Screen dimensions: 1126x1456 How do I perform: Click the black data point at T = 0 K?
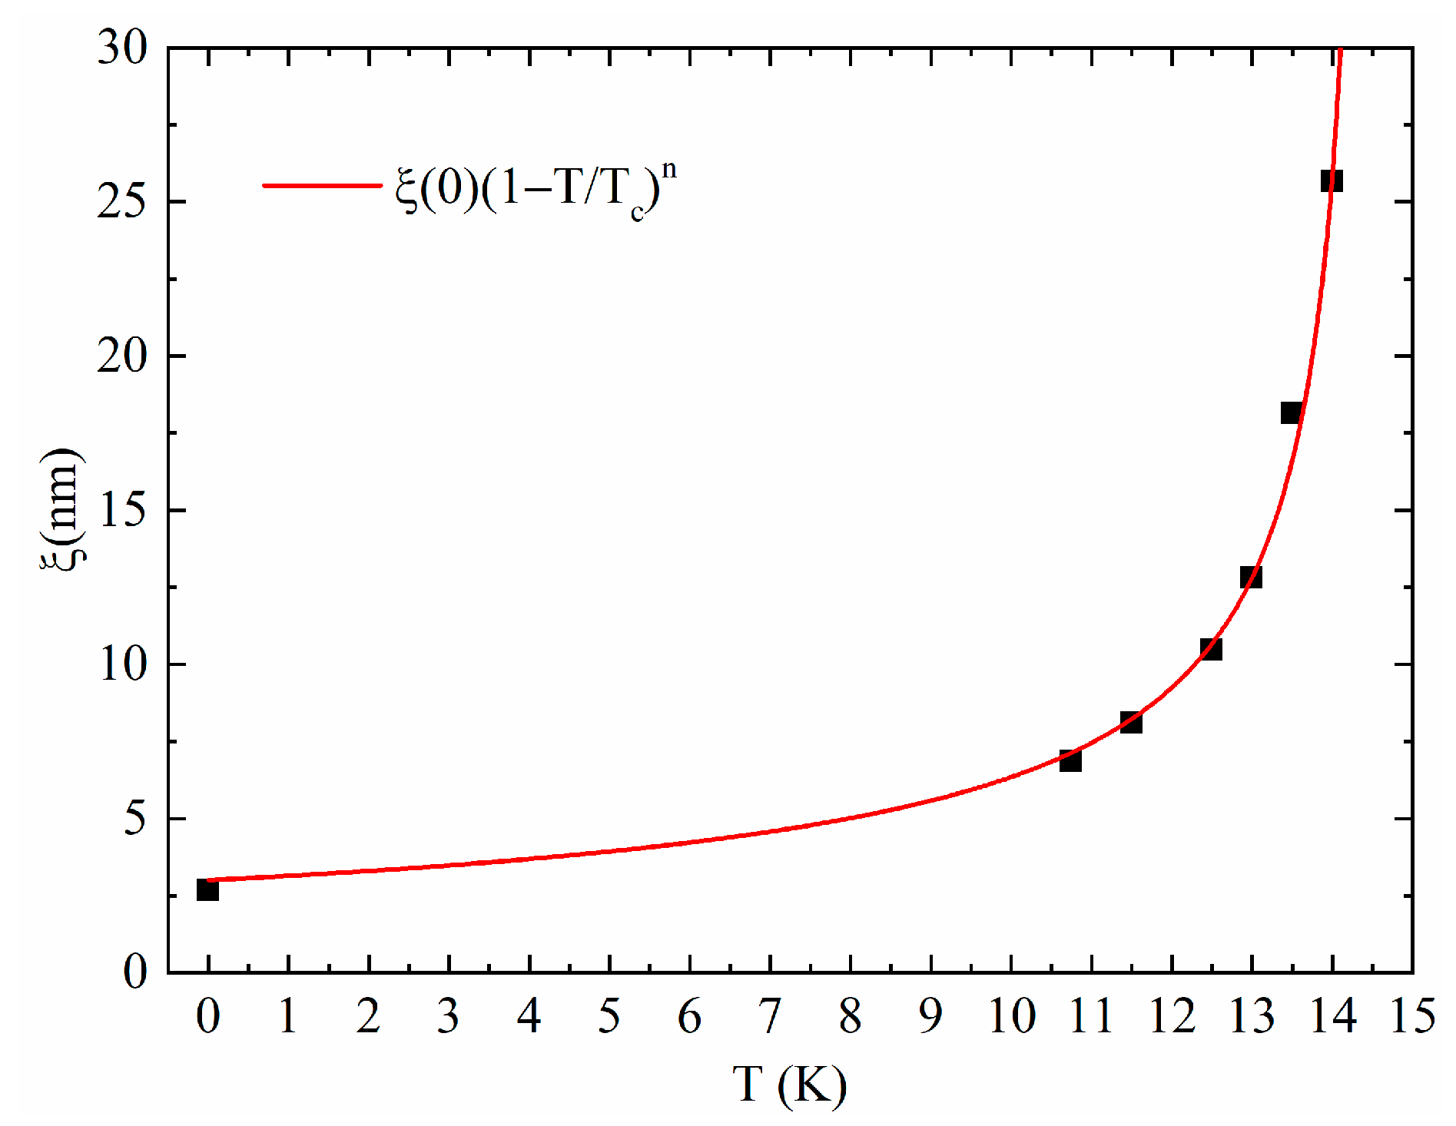pos(207,889)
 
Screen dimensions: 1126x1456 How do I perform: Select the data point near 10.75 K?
pos(1070,760)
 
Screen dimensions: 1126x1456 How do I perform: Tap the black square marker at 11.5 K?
pos(1131,722)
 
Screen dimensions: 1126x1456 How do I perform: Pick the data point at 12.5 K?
pos(1211,649)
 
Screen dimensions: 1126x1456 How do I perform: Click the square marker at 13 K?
pos(1251,577)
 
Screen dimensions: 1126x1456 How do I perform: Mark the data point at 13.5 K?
pos(1292,412)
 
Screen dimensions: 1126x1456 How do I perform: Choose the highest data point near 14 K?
pos(1332,181)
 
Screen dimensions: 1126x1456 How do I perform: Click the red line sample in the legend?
pos(322,185)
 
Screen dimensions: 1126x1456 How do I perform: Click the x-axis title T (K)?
pos(790,1085)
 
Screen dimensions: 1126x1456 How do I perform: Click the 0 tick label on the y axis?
pos(135,972)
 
